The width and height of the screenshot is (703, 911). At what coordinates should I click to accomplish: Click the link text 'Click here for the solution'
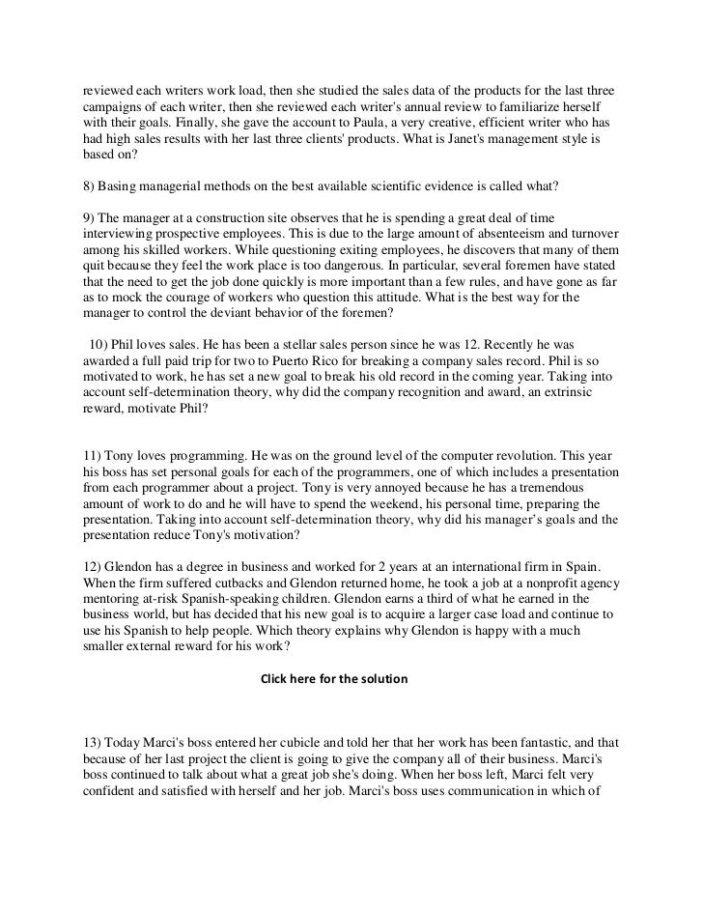tap(334, 679)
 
